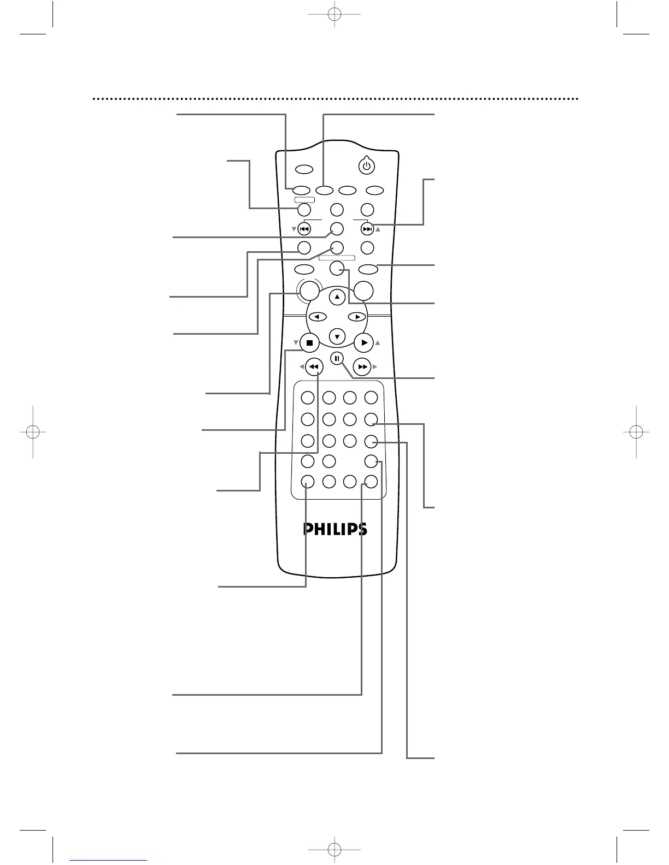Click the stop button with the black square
(x=309, y=343)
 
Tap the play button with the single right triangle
(x=364, y=343)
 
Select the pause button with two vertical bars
(x=337, y=359)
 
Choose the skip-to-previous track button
(x=304, y=229)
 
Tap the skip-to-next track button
(x=368, y=229)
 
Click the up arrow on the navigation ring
(x=337, y=298)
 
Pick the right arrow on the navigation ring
(x=357, y=317)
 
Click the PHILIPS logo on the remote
(x=335, y=529)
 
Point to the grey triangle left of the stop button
(x=296, y=343)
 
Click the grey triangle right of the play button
(x=377, y=343)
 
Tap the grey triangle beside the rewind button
(x=301, y=367)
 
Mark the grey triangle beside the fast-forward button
(x=375, y=367)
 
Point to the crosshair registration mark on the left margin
(x=32, y=431)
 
